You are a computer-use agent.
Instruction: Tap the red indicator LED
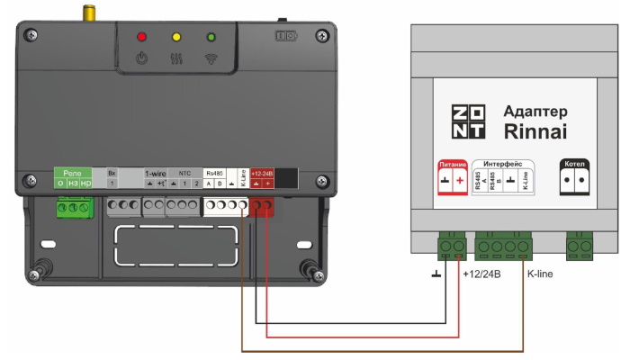click(x=140, y=37)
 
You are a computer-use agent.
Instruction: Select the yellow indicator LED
click(x=176, y=37)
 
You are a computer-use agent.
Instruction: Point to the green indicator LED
click(x=211, y=37)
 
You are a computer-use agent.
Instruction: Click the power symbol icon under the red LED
click(x=140, y=60)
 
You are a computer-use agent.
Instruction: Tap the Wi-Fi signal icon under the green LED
click(x=211, y=60)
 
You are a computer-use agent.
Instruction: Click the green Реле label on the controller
click(x=74, y=171)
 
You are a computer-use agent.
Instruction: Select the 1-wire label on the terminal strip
click(x=156, y=171)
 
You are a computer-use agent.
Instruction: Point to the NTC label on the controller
click(x=184, y=171)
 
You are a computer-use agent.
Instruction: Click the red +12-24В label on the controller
click(x=262, y=171)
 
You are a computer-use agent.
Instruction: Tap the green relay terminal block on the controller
click(x=75, y=208)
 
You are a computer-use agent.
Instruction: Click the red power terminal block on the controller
click(x=262, y=207)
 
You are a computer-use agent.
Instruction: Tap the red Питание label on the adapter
click(x=452, y=165)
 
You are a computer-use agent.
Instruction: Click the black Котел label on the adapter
click(x=573, y=165)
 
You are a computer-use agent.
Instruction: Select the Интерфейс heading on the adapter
click(x=503, y=163)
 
